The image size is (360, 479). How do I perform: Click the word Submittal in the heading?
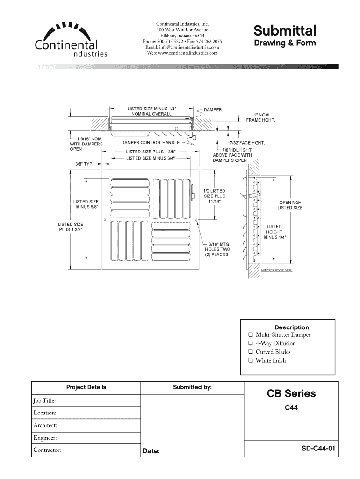click(x=285, y=31)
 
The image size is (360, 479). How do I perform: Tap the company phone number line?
click(x=182, y=41)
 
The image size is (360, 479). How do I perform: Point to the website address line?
click(x=182, y=53)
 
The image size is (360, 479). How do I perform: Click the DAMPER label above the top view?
click(x=213, y=109)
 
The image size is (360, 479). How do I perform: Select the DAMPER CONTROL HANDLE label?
click(x=151, y=142)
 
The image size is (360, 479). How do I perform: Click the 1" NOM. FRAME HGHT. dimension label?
click(x=261, y=117)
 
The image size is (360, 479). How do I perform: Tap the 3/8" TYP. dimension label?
click(x=85, y=164)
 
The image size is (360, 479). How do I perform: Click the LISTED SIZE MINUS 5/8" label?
click(x=86, y=204)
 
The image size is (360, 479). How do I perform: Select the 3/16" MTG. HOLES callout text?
click(x=216, y=249)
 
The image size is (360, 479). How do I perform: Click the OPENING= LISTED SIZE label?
click(x=290, y=204)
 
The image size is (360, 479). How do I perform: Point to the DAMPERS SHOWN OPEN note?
click(x=277, y=270)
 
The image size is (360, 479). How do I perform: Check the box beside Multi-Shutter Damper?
click(x=251, y=335)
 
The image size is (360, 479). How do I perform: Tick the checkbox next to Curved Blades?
click(x=251, y=352)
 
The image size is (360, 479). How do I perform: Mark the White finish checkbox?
click(x=251, y=361)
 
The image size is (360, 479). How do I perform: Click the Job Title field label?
click(x=45, y=400)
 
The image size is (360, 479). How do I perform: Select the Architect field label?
click(x=45, y=426)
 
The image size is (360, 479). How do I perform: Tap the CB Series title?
click(x=291, y=394)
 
